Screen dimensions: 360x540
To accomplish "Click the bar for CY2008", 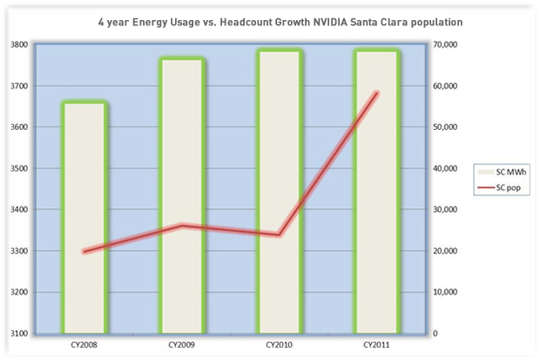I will click(84, 218).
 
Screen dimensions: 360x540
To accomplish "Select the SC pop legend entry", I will click(500, 187).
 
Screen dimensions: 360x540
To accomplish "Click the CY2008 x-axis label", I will click(84, 344).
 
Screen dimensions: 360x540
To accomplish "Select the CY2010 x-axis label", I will click(280, 344).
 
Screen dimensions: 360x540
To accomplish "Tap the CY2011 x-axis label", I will click(376, 344).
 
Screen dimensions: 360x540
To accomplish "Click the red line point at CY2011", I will click(376, 92).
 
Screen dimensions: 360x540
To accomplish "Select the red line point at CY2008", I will click(84, 251).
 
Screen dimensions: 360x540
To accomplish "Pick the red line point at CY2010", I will click(280, 234).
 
